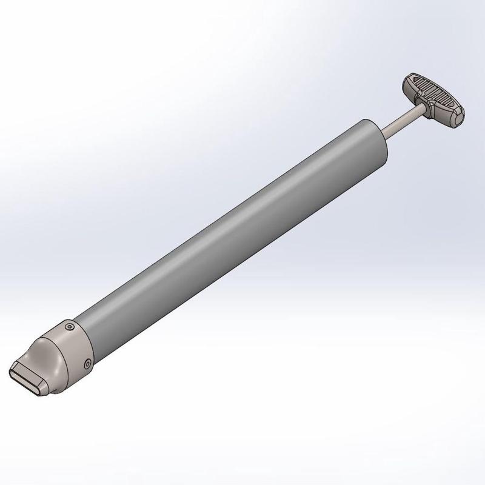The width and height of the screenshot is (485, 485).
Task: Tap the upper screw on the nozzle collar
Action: [x=71, y=327]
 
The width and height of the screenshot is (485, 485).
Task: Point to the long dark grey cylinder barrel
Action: [x=230, y=236]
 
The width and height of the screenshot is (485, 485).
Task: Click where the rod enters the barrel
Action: [x=383, y=131]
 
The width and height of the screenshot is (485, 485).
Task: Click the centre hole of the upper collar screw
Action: [x=71, y=327]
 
